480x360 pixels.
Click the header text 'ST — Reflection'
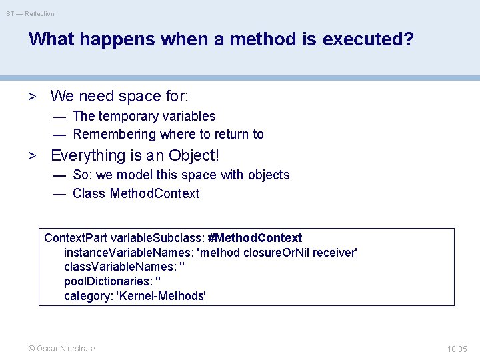pos(31,13)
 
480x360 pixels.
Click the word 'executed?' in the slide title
pos(368,39)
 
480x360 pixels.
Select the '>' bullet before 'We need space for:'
pos(31,96)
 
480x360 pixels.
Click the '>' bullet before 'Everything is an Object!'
pos(31,156)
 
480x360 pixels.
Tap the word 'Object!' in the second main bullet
pos(193,155)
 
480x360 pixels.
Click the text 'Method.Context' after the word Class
pos(154,193)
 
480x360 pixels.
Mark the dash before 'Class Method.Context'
pos(59,194)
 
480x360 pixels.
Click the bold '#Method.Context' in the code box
pos(255,238)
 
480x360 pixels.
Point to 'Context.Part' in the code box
pos(75,238)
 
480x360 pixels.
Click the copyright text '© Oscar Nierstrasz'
pos(61,349)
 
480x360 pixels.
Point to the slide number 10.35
pos(457,349)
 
